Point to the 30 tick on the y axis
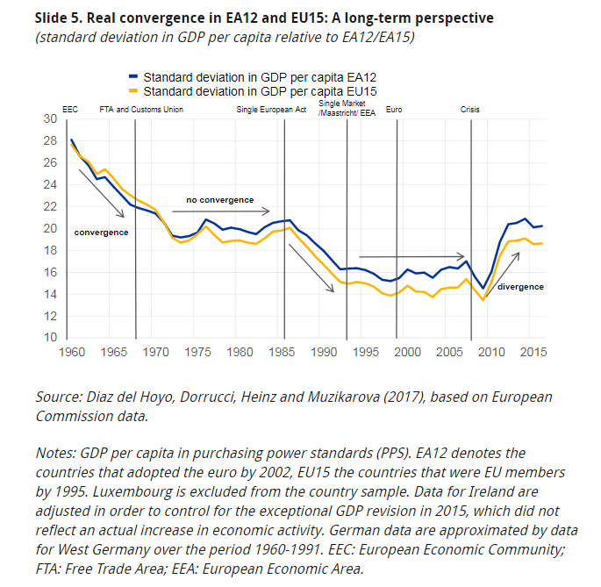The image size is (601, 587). click(50, 118)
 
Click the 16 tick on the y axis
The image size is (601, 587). click(50, 272)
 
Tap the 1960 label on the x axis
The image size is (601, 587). click(72, 351)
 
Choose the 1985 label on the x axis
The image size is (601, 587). click(283, 351)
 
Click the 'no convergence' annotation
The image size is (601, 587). click(219, 200)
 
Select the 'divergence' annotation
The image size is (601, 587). click(520, 287)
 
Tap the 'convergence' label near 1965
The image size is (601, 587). click(101, 232)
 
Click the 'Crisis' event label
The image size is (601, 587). click(470, 110)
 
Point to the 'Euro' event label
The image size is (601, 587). click(395, 110)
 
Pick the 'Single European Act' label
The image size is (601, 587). click(271, 110)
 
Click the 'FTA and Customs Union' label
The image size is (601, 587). click(141, 110)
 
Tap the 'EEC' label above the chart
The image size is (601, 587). click(70, 110)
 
